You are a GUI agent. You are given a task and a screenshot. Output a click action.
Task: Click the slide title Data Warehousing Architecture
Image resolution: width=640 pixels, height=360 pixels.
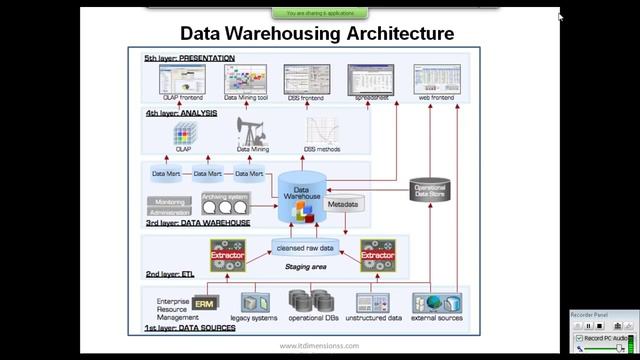pyautogui.click(x=316, y=33)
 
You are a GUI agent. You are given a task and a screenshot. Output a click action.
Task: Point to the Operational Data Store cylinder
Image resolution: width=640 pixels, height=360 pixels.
pyautogui.click(x=429, y=190)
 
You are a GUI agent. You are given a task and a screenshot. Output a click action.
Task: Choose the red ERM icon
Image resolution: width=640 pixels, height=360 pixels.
pyautogui.click(x=204, y=303)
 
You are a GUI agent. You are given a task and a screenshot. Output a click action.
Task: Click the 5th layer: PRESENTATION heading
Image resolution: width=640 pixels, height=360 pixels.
pyautogui.click(x=189, y=58)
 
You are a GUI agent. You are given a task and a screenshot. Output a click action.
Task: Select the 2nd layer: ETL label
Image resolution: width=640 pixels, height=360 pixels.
pyautogui.click(x=169, y=273)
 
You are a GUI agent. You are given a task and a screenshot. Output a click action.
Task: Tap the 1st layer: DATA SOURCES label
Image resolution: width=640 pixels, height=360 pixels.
pyautogui.click(x=190, y=328)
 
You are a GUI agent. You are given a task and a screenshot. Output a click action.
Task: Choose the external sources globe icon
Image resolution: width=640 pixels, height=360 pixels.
pyautogui.click(x=436, y=303)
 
